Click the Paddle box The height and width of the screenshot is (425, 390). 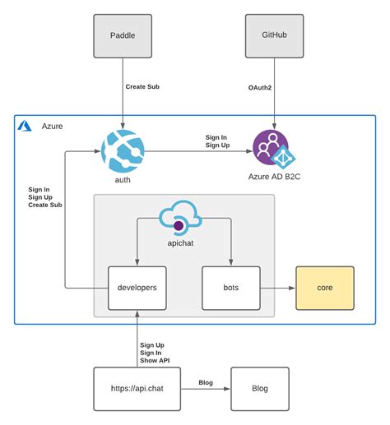123,35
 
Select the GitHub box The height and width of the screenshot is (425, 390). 274,35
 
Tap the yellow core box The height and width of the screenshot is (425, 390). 324,288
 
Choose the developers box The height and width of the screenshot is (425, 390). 137,289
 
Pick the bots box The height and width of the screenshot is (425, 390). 231,289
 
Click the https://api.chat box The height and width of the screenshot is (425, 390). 137,389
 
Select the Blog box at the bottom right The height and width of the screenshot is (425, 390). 259,389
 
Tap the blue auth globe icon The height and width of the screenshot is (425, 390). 123,151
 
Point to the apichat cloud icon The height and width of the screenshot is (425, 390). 179,220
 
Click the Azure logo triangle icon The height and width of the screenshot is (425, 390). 26,126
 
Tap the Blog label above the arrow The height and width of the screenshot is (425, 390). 207,382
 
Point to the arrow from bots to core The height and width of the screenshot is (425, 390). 276,289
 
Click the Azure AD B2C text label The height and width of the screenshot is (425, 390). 274,176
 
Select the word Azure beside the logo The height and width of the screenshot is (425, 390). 51,126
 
